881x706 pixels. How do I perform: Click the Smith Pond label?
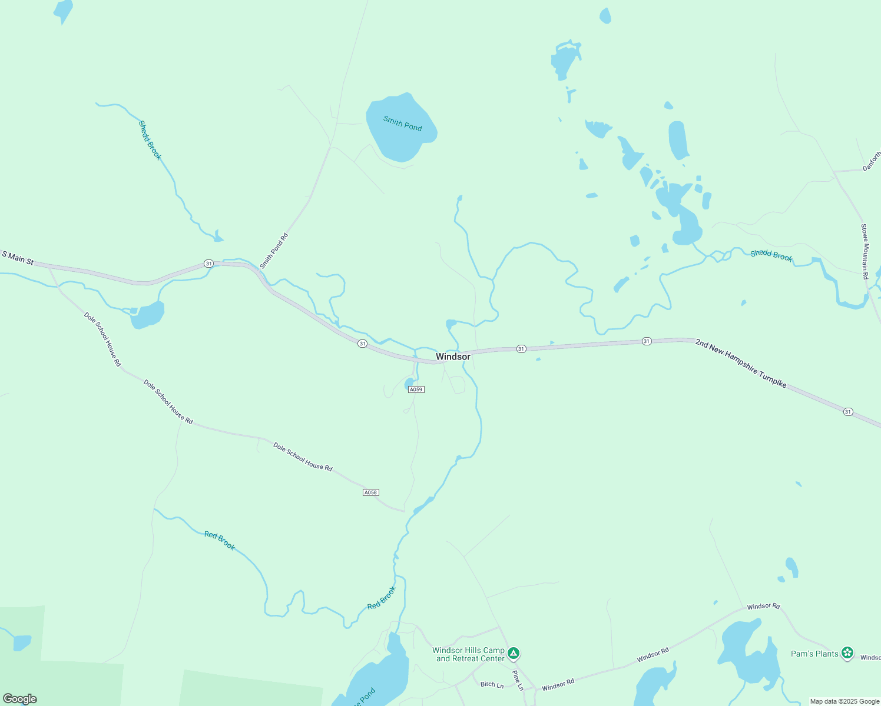click(x=403, y=124)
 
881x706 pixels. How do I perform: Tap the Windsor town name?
click(x=453, y=357)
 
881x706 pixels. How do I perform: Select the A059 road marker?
click(x=416, y=389)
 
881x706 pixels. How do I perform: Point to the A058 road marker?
click(x=370, y=492)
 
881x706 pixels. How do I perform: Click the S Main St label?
click(x=18, y=257)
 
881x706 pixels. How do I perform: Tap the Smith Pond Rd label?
click(x=274, y=251)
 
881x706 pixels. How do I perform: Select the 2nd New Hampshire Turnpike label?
click(x=740, y=363)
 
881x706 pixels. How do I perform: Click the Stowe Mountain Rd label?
click(x=865, y=251)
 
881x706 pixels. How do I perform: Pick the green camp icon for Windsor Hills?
click(x=514, y=653)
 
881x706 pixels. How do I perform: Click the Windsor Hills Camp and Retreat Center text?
click(x=469, y=654)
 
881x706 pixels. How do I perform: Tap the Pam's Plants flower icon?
click(x=847, y=652)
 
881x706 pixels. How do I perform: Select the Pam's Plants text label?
click(x=814, y=654)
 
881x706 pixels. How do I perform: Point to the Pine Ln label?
click(x=518, y=680)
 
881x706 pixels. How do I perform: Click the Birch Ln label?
click(x=492, y=684)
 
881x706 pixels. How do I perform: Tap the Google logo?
click(x=20, y=699)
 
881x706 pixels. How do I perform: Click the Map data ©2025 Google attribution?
click(x=844, y=701)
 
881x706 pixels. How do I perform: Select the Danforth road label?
click(x=872, y=161)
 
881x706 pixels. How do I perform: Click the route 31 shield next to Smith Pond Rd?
click(x=208, y=264)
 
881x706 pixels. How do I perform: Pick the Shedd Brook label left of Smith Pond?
click(x=150, y=140)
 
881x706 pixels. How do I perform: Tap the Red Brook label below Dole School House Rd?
click(x=220, y=541)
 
